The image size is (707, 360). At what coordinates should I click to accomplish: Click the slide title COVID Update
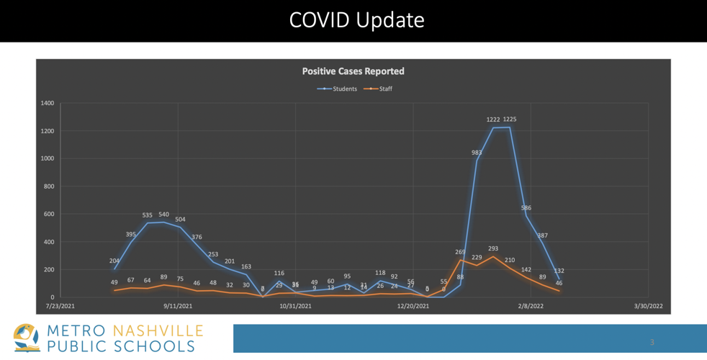[356, 20]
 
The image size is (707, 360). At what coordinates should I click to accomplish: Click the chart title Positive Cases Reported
[353, 71]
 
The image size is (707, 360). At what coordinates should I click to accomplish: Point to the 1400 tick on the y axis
[47, 104]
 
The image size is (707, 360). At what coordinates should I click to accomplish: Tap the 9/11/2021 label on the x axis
[178, 306]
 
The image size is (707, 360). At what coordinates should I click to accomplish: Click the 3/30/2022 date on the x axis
[648, 306]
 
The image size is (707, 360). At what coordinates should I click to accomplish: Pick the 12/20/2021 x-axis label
[413, 306]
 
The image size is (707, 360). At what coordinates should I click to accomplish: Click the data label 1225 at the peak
[510, 120]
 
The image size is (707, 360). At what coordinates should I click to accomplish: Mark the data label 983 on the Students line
[477, 153]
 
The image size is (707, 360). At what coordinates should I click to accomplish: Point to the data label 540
[163, 215]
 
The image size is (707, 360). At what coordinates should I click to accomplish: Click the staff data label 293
[493, 248]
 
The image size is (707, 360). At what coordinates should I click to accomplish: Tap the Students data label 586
[526, 208]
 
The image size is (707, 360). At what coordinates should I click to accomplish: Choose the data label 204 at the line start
[114, 261]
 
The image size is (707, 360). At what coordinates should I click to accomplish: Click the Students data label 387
[542, 235]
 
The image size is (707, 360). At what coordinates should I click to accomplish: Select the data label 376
[197, 237]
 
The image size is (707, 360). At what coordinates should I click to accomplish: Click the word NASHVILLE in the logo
[158, 330]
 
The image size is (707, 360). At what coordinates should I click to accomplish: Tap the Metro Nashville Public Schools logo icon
[27, 338]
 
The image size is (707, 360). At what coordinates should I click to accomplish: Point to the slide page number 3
[652, 342]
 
